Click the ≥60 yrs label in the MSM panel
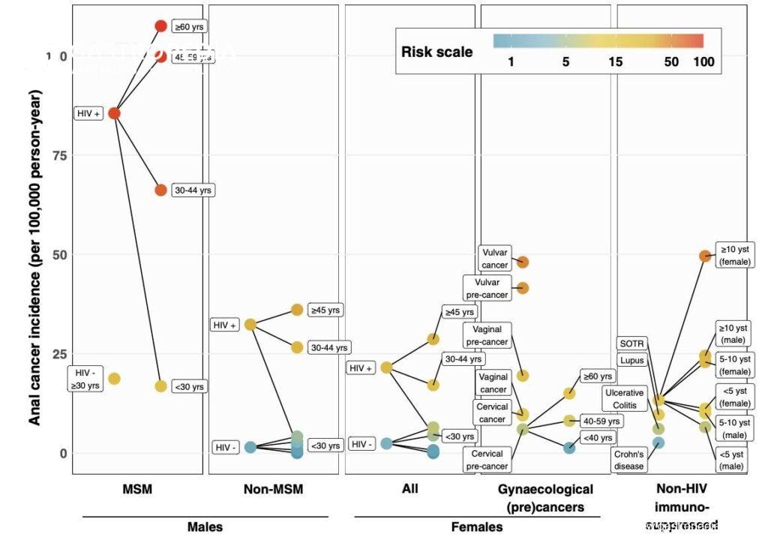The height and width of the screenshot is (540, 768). pos(188,26)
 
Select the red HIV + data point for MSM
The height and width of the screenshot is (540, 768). pos(114,113)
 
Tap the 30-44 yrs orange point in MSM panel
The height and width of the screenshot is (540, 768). pos(160,190)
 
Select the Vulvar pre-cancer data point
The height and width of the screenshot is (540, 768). pos(523,288)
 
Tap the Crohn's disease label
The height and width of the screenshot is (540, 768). pos(628,460)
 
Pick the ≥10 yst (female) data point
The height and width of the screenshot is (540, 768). pos(705,256)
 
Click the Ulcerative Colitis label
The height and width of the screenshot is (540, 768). pos(624,398)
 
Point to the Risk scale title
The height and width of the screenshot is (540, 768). pos(437,52)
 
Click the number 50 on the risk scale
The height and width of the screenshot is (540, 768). pos(671,62)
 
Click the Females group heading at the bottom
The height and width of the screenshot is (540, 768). pos(477,526)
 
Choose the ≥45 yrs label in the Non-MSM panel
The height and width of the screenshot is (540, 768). pos(325,309)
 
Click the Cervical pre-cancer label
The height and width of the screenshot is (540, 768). pos(489,460)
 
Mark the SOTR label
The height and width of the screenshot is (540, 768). pos(632,343)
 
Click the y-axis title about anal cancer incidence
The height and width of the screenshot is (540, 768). pos(35,257)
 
